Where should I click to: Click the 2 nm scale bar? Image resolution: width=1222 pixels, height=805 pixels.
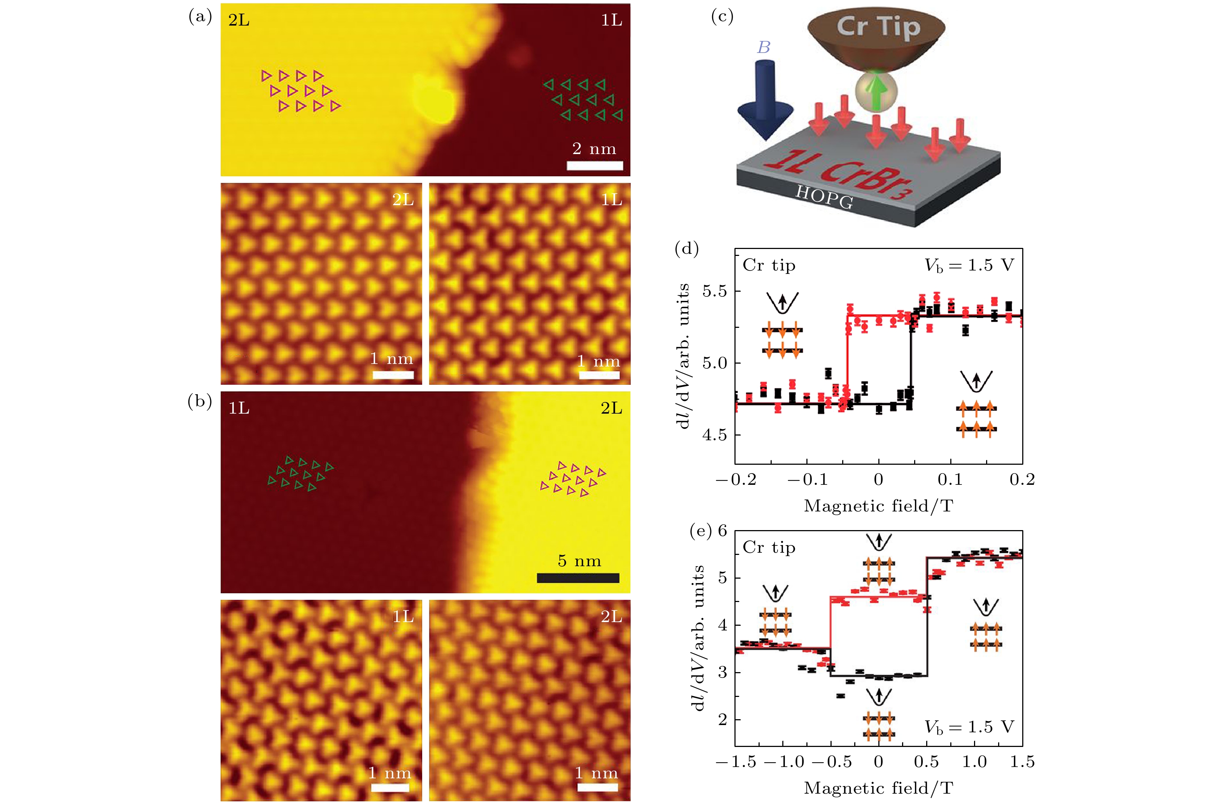pos(595,165)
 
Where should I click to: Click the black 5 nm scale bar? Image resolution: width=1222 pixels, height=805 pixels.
pos(578,578)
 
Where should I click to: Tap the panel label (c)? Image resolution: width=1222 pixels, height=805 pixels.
pos(721,17)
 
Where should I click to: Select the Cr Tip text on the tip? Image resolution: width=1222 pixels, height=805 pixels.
pos(878,27)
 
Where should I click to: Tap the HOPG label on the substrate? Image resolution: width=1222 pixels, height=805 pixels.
pos(824,197)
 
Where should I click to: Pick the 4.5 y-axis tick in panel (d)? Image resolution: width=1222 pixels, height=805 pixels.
pos(715,435)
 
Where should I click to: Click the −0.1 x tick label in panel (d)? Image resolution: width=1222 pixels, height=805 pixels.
pos(807,479)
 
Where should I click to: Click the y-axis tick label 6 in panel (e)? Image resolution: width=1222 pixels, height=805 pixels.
pos(722,530)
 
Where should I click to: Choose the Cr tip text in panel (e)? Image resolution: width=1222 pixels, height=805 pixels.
pos(769,548)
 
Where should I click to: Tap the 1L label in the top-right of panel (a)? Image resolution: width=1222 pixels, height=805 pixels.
pos(611,20)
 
